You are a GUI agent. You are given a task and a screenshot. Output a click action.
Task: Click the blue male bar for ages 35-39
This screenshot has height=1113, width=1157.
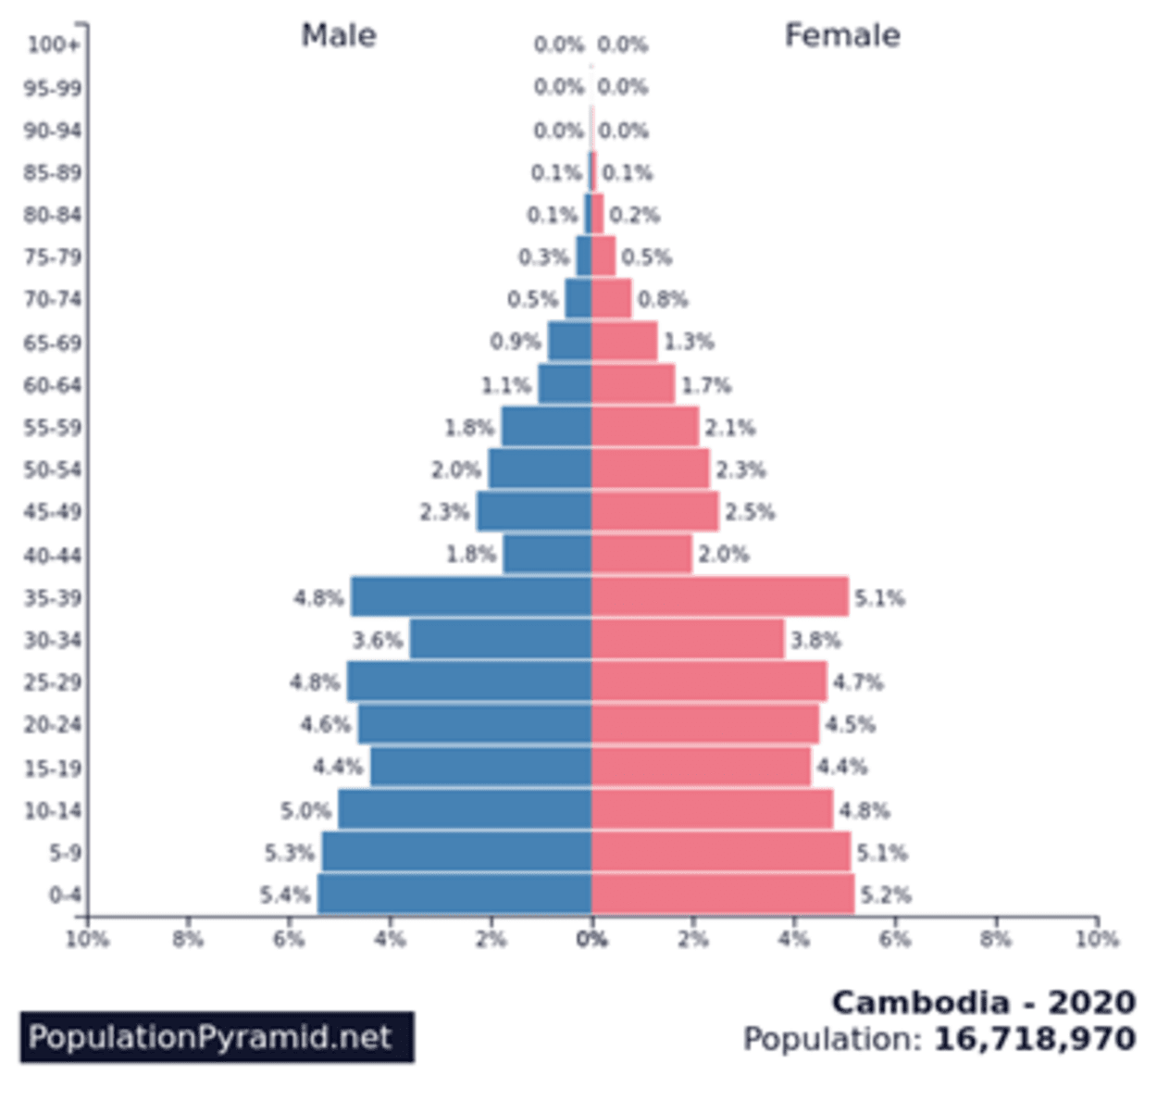point(470,597)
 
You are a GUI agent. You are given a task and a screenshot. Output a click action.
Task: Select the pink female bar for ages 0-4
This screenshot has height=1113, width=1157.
point(722,894)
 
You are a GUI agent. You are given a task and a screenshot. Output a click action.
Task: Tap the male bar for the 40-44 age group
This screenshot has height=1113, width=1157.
point(547,555)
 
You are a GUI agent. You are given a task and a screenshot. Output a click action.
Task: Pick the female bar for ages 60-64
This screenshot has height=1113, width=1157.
point(633,384)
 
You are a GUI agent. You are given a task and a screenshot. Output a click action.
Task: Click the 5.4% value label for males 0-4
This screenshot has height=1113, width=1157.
point(284,895)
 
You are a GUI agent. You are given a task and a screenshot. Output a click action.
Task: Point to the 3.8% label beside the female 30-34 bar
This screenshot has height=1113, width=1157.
point(815,640)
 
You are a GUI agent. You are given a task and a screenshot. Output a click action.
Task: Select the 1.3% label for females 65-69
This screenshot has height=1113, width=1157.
point(689,342)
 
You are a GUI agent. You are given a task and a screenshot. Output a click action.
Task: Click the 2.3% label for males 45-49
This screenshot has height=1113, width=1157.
point(444,512)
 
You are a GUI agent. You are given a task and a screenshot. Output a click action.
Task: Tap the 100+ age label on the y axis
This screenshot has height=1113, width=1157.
point(53,44)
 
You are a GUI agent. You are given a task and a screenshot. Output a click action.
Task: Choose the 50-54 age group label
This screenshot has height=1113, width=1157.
point(53,469)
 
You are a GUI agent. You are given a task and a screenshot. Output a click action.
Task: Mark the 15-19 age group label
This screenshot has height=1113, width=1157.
point(53,768)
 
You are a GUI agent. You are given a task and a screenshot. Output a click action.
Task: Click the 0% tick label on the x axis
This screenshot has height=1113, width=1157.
point(591,940)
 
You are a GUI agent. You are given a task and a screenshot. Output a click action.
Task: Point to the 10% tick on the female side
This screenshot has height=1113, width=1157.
point(1097,940)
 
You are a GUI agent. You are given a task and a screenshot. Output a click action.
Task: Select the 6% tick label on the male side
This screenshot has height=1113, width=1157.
point(289,940)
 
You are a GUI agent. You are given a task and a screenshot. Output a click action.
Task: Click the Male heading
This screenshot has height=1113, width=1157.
point(339,35)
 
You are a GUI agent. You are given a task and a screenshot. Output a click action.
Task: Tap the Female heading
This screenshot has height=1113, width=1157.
point(842,35)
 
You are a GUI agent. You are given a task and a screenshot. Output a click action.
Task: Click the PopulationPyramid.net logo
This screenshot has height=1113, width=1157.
point(217,1037)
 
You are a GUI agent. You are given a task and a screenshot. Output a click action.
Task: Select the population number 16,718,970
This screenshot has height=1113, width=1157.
point(1035,1039)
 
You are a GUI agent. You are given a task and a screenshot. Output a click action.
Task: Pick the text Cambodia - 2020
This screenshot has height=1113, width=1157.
point(983,1002)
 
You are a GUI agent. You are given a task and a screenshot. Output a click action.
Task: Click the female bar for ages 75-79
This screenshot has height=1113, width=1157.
point(603,256)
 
